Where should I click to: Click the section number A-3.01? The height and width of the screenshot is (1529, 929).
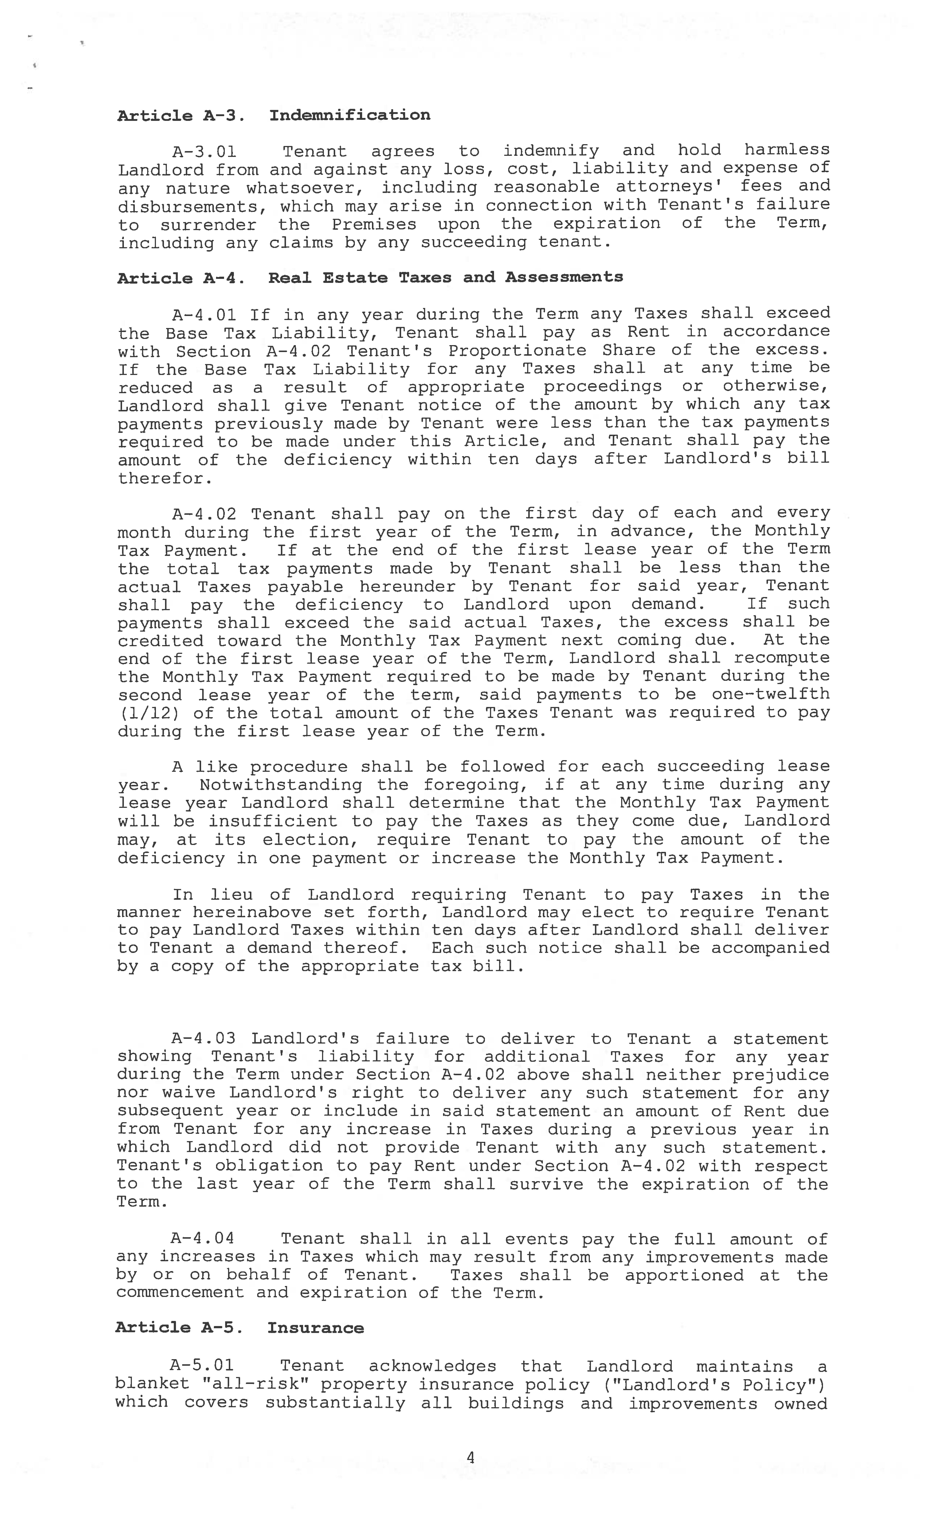coord(204,151)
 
